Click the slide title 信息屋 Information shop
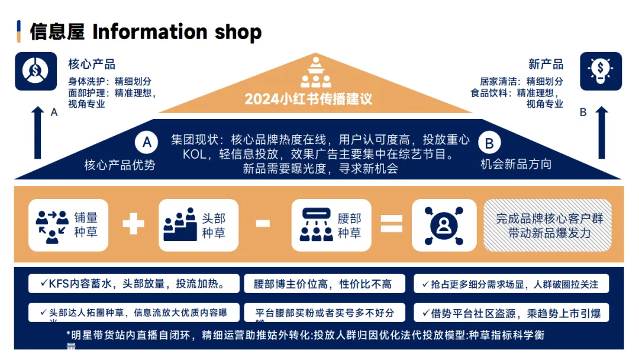coord(146,32)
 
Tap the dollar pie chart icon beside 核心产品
coord(35,71)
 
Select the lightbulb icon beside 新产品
coord(601,71)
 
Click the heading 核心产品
coord(92,65)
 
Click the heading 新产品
coord(546,65)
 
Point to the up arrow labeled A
coord(38,133)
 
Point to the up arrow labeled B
coord(602,133)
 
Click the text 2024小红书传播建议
coord(308,98)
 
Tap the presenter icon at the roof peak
coord(315,72)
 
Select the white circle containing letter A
coord(147,143)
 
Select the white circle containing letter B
coord(489,143)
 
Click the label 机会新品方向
coord(515,164)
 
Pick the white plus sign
coord(133,224)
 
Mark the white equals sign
coord(390,224)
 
